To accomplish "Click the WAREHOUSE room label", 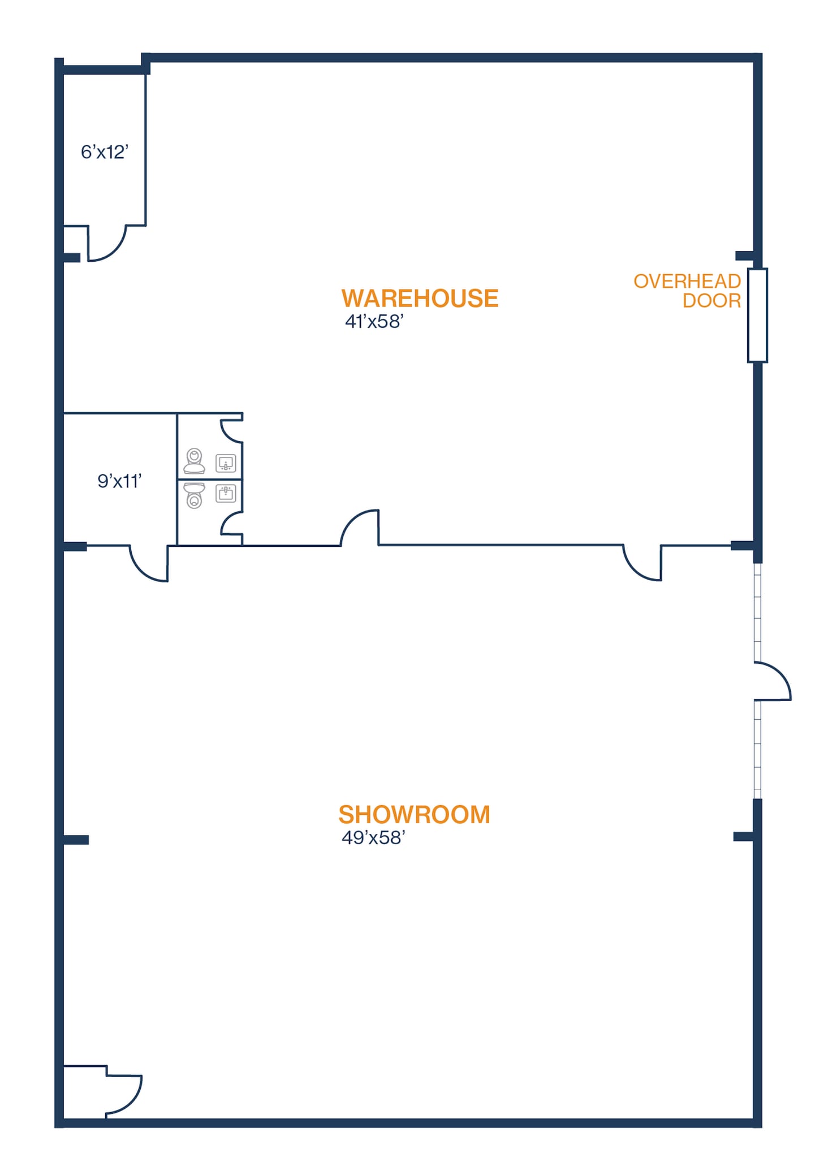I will (x=420, y=299).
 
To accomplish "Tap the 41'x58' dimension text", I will (x=374, y=322).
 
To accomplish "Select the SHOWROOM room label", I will (x=414, y=815).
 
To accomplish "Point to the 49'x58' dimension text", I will (x=373, y=838).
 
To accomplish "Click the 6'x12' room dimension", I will (x=105, y=152).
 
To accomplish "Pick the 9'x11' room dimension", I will (x=119, y=481).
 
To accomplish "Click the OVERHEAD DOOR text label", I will (x=687, y=291).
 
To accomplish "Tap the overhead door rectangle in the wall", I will (x=757, y=316).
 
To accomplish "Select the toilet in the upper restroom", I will (x=194, y=461).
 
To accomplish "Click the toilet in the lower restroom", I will (x=195, y=495).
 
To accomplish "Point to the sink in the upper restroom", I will (x=226, y=464).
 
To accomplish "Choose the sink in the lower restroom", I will (x=226, y=494).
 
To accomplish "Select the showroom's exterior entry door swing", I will (x=772, y=681).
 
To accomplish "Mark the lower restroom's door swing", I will (x=231, y=524).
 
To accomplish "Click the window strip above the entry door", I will (x=758, y=612).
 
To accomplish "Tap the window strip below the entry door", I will (x=758, y=749).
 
